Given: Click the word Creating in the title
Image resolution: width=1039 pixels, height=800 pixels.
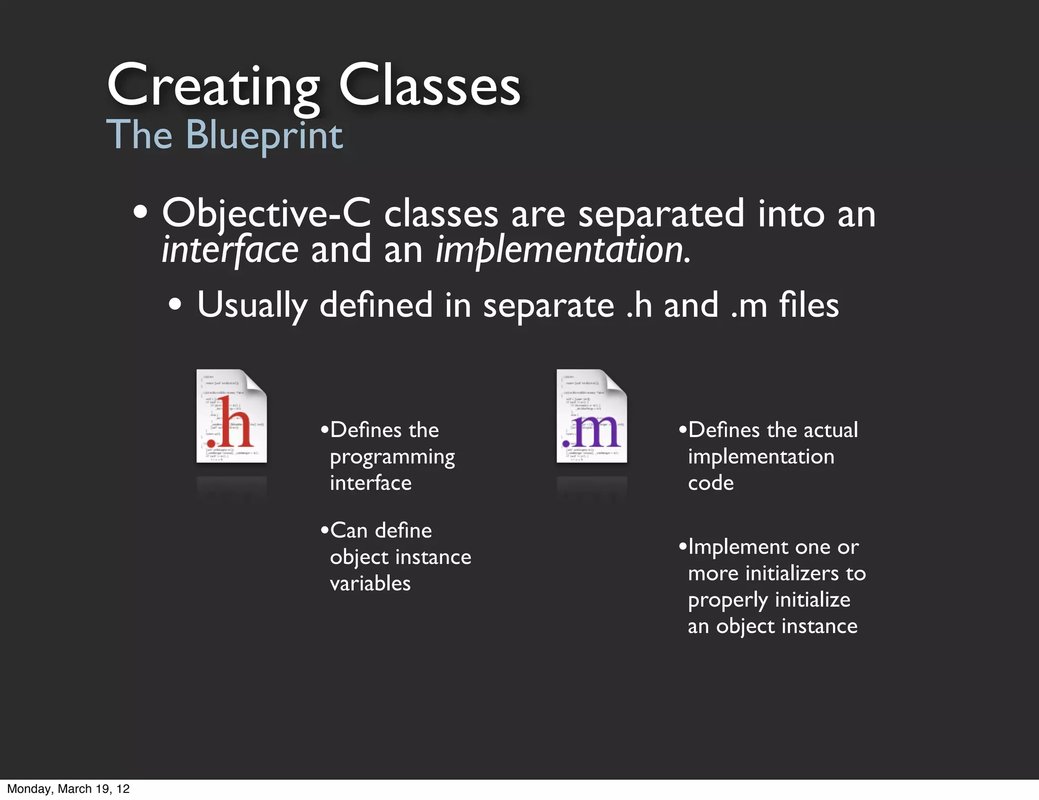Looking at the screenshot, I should click(x=213, y=86).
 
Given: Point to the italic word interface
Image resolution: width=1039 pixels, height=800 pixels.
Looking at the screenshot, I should click(x=230, y=250).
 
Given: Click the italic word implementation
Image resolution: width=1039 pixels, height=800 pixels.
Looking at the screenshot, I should click(x=562, y=250).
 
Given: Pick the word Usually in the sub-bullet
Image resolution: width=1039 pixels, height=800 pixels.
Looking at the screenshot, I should click(x=252, y=306).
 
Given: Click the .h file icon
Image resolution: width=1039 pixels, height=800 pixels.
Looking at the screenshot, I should click(x=231, y=416).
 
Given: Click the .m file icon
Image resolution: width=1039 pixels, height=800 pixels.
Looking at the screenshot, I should click(x=592, y=416).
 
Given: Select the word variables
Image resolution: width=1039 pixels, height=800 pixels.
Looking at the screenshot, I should click(x=370, y=583).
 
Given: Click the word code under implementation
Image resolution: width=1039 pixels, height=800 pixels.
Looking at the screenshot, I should click(x=711, y=483).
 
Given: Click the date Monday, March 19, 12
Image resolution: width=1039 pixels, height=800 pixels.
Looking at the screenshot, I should click(x=68, y=789).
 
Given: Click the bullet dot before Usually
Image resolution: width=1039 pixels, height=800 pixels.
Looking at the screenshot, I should click(x=175, y=305).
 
